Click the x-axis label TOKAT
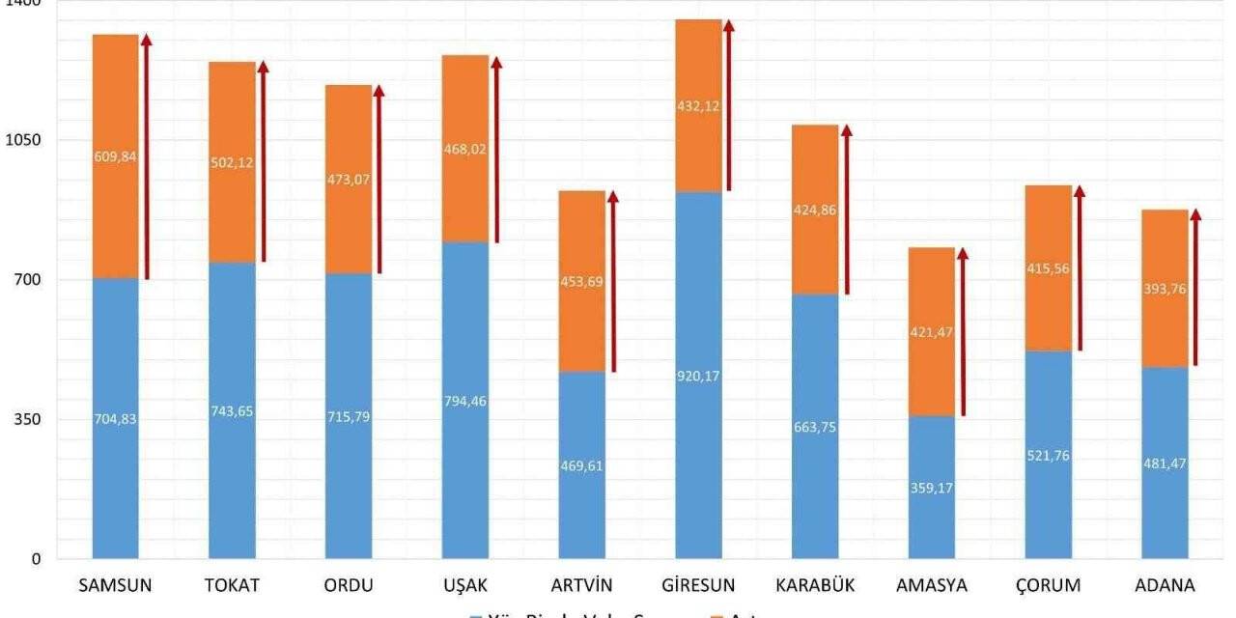pyautogui.click(x=232, y=585)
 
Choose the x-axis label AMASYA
pyautogui.click(x=932, y=585)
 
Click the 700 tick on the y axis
pyautogui.click(x=24, y=280)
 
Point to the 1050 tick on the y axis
pyautogui.click(x=20, y=140)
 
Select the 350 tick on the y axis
pyautogui.click(x=24, y=419)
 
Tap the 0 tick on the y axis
pyautogui.click(x=35, y=559)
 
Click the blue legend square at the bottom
pyautogui.click(x=475, y=614)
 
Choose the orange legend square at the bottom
pyautogui.click(x=716, y=614)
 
